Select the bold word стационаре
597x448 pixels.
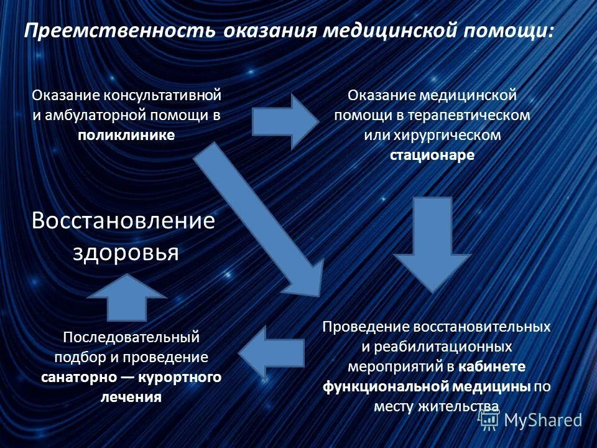pos(432,155)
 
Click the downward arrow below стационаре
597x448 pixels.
pos(432,243)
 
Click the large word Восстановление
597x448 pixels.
pos(124,220)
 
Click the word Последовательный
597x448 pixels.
pos(131,337)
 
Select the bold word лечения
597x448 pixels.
pos(131,397)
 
